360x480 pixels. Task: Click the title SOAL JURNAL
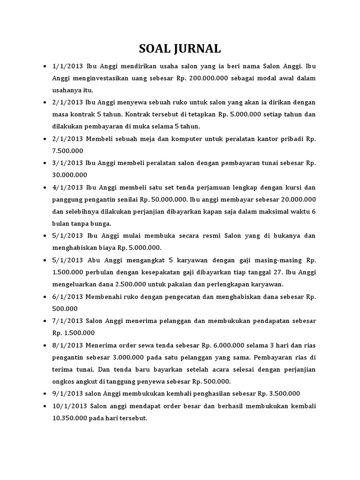tap(180, 49)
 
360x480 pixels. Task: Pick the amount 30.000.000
tap(70, 175)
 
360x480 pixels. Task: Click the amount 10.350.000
tap(70, 417)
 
